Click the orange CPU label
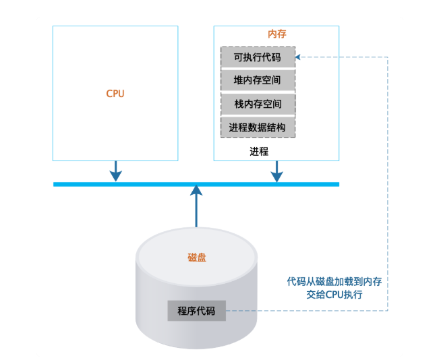coord(115,94)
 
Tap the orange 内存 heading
coord(276,34)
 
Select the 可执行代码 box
coord(258,57)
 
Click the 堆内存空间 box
coord(258,81)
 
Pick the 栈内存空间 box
coord(258,104)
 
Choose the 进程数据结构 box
coord(258,127)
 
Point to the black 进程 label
coord(258,151)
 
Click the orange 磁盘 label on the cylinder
coord(196,257)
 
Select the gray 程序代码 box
coord(196,311)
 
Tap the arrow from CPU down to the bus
coord(115,171)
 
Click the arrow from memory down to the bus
coord(276,171)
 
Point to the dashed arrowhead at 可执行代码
coord(300,57)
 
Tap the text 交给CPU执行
coord(334,295)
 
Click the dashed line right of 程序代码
coord(303,311)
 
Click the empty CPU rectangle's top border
coord(115,26)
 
